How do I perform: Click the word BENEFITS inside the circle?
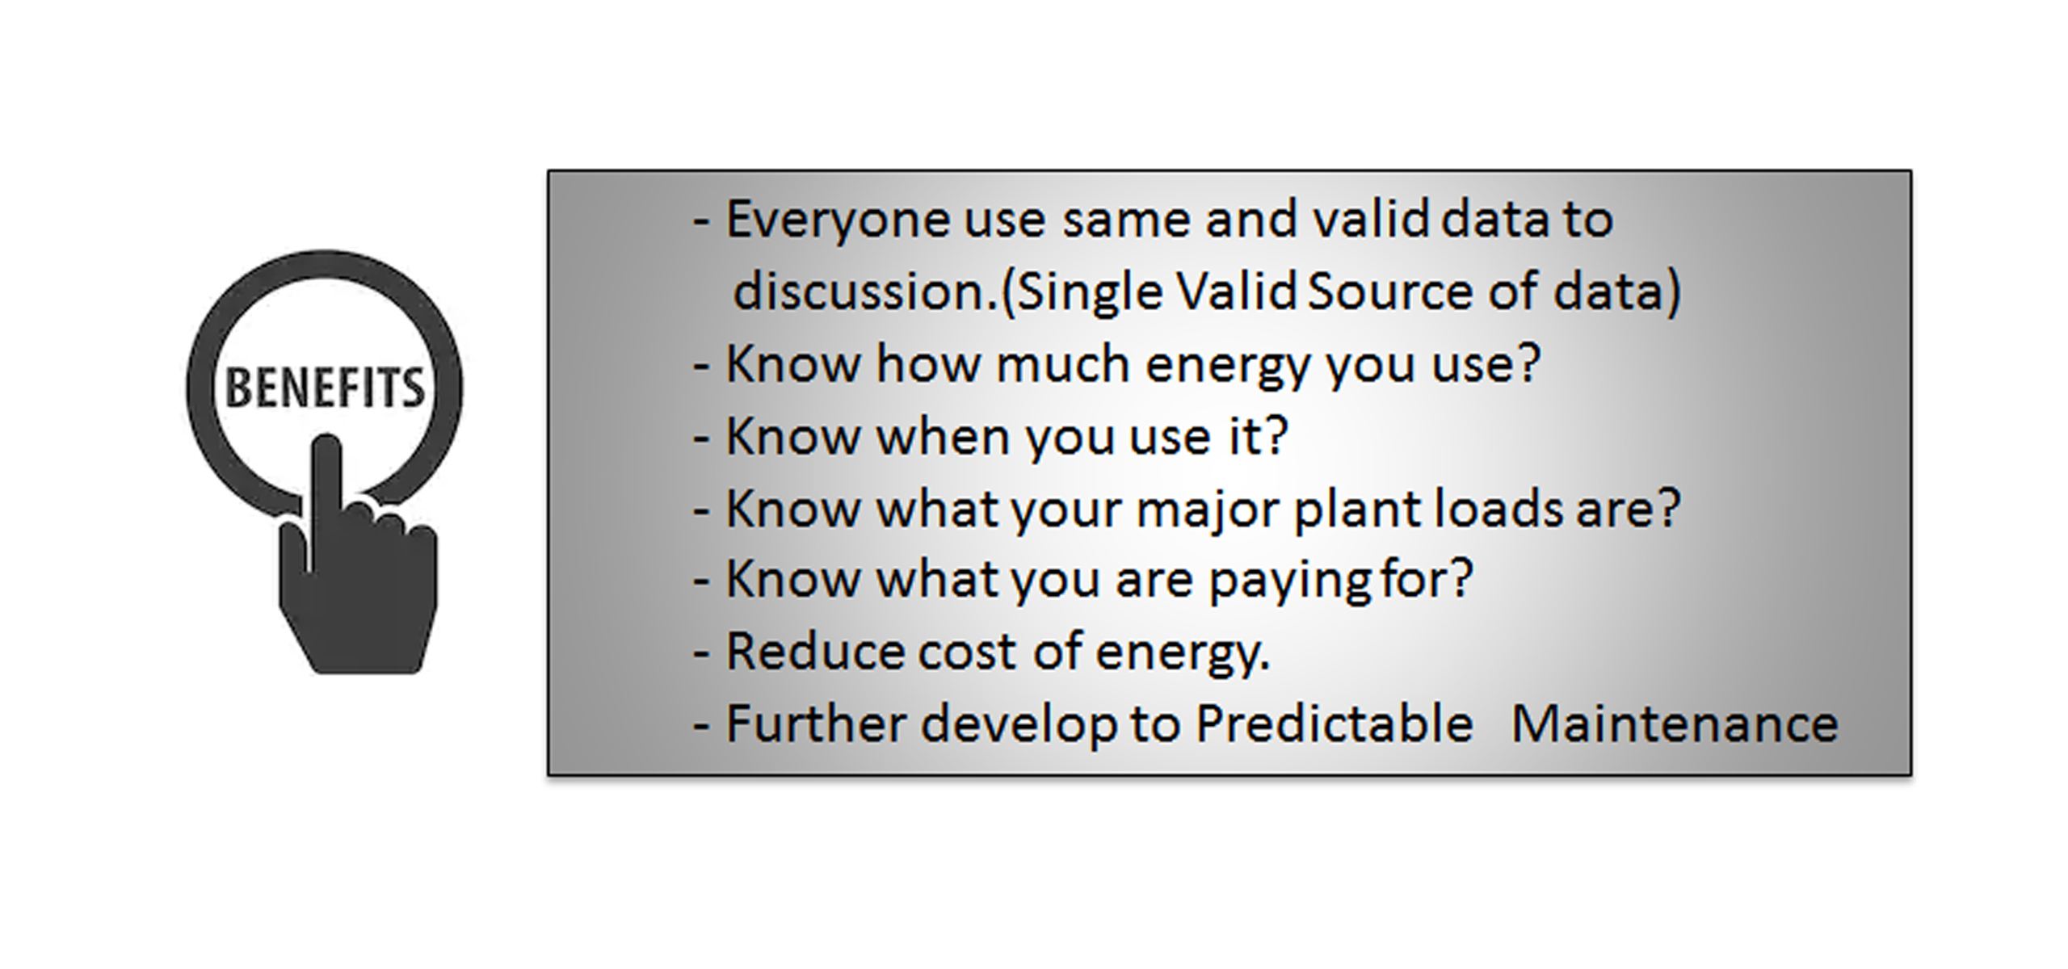click(324, 388)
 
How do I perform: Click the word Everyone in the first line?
click(838, 220)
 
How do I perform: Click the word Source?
click(1390, 292)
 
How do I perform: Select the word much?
click(1063, 364)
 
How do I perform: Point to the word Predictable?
click(1335, 723)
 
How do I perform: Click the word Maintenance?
click(1675, 724)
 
